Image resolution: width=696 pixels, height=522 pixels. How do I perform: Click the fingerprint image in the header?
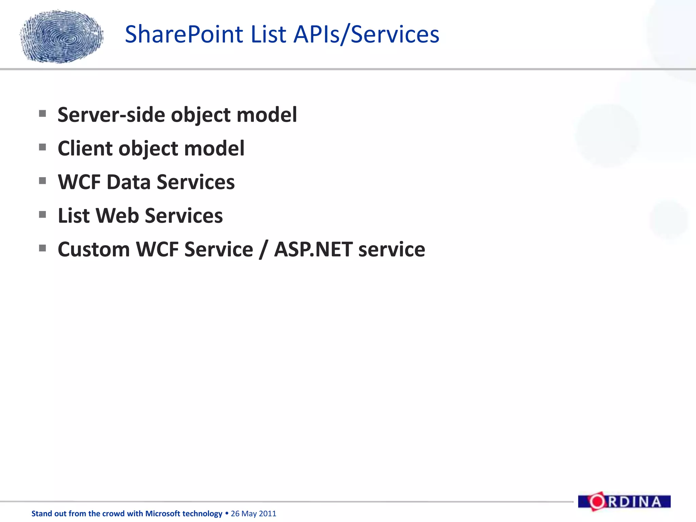tap(62, 36)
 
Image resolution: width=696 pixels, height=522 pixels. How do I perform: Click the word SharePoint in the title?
tap(184, 35)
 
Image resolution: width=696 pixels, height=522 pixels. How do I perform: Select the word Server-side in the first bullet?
tap(112, 115)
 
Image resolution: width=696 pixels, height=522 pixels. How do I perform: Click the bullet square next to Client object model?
tap(42, 147)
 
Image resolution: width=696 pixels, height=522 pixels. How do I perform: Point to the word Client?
tap(85, 149)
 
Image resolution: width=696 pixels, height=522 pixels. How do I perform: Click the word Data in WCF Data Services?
tap(128, 182)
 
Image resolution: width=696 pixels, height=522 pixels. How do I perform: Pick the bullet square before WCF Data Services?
tap(42, 181)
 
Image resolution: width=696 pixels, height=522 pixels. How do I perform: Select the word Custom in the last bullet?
tap(94, 249)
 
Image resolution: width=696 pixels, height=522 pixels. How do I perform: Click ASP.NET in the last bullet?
tap(313, 249)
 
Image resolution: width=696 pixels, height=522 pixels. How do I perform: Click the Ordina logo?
tap(624, 502)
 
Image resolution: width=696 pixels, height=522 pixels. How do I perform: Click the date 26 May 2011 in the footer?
tap(254, 514)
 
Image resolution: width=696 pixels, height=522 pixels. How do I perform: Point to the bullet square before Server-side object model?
tap(42, 114)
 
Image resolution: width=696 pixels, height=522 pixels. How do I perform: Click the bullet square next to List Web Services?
tap(42, 214)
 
